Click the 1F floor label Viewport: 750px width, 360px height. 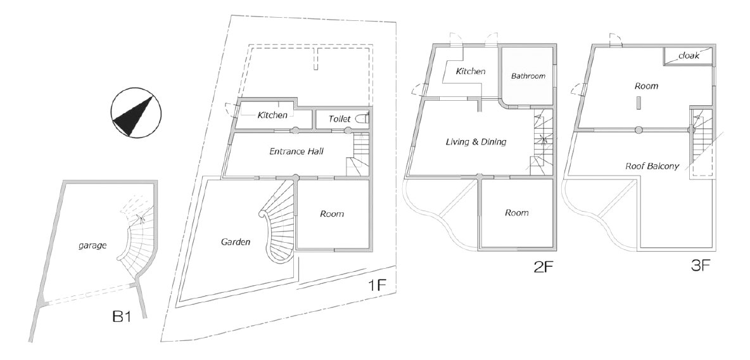[x=376, y=285]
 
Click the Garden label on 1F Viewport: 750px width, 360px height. [x=236, y=241]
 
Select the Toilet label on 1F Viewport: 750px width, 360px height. [x=339, y=119]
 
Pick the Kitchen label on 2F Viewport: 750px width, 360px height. [x=471, y=72]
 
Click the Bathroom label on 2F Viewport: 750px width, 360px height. [x=528, y=76]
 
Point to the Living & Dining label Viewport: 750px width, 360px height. [x=476, y=142]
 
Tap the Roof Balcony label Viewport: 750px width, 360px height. [x=652, y=167]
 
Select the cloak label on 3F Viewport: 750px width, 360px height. [x=688, y=56]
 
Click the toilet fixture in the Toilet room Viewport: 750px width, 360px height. [x=363, y=119]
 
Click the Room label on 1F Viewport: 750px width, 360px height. [x=332, y=214]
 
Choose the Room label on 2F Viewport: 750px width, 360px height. [x=516, y=213]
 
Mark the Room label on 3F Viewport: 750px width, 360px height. [x=646, y=86]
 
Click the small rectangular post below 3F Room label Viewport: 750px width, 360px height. [x=639, y=103]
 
